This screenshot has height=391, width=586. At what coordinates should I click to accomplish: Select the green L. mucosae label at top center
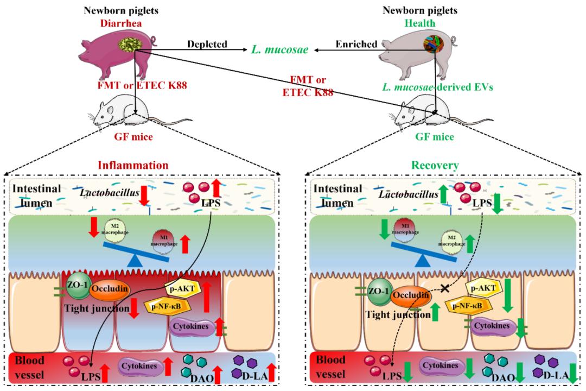pos(280,50)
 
